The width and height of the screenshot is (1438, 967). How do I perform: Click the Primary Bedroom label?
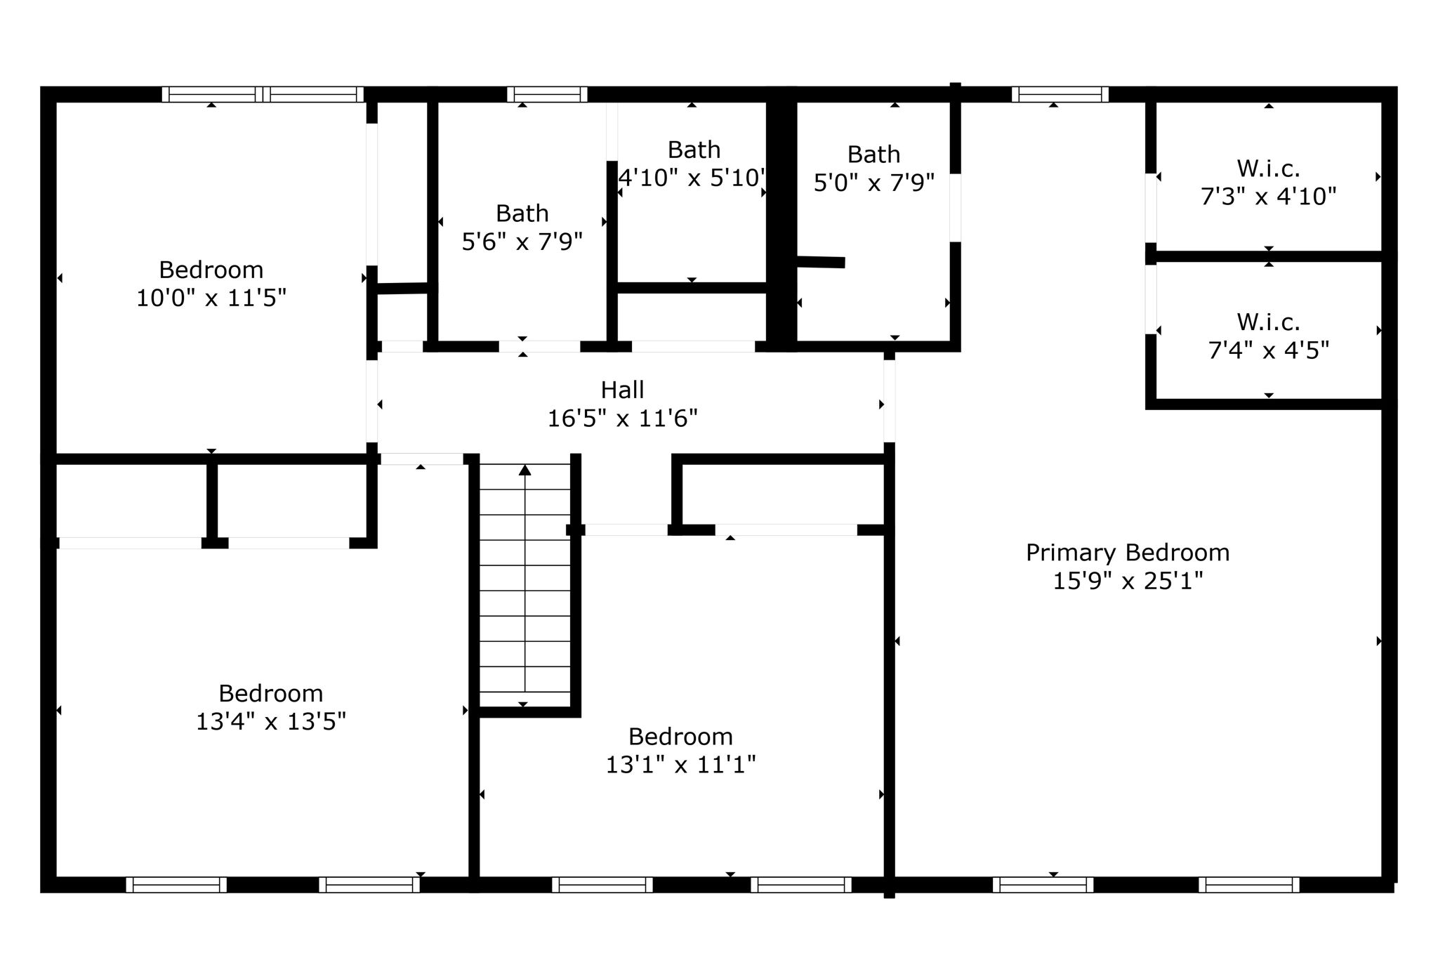point(1127,553)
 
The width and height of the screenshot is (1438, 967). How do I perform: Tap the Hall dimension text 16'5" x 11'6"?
point(622,419)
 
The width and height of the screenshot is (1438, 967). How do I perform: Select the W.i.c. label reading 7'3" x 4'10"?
point(1268,196)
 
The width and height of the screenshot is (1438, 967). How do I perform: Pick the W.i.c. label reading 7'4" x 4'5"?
point(1268,350)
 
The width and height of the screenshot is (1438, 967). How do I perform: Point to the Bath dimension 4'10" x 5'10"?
point(692,178)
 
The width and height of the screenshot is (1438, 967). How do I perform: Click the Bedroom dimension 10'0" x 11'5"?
point(211,298)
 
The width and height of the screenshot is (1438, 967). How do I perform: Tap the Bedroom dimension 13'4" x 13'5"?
point(270,722)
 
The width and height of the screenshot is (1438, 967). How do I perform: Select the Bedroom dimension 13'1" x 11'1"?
point(680,765)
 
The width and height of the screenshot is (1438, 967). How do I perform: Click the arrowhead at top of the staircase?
point(525,470)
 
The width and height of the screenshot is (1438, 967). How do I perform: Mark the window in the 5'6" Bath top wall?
point(547,94)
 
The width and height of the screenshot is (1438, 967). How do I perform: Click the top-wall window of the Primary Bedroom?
point(1060,94)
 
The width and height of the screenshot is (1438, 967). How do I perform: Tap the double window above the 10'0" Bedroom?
point(263,94)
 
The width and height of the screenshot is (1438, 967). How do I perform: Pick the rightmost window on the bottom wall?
point(1248,885)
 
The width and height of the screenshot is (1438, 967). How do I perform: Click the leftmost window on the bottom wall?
point(176,885)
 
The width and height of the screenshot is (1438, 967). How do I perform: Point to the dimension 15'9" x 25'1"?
point(1127,581)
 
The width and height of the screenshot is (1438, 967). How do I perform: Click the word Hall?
point(622,390)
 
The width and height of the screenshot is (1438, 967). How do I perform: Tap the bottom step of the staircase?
point(525,699)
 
